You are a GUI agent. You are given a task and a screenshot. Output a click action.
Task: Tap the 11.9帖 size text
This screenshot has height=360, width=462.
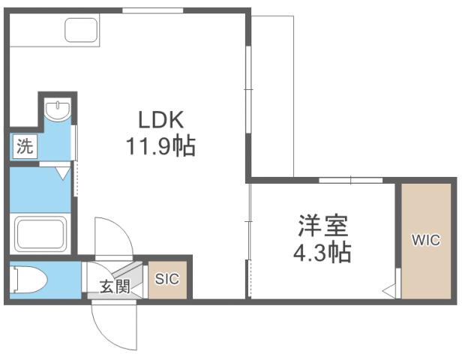pyautogui.click(x=160, y=145)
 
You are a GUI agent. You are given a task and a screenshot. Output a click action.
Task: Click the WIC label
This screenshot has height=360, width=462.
pyautogui.click(x=424, y=241)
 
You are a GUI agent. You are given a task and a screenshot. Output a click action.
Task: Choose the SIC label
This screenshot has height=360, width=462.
pyautogui.click(x=166, y=278)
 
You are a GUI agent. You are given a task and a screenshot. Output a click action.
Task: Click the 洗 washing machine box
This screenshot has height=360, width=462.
pyautogui.click(x=25, y=146)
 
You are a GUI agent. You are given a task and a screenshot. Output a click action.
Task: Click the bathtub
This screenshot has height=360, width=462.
pyautogui.click(x=41, y=233)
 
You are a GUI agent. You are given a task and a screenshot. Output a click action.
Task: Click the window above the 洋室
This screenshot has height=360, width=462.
pyautogui.click(x=350, y=180)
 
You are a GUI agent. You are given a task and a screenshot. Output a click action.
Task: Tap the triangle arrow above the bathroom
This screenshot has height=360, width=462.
pyautogui.click(x=63, y=172)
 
